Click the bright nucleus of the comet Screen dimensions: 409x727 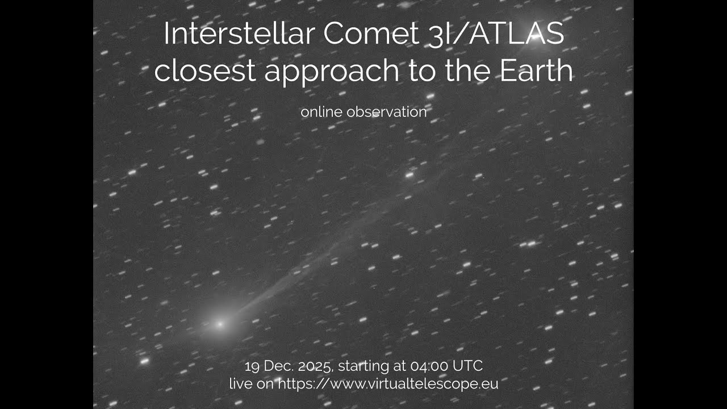tap(220, 324)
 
